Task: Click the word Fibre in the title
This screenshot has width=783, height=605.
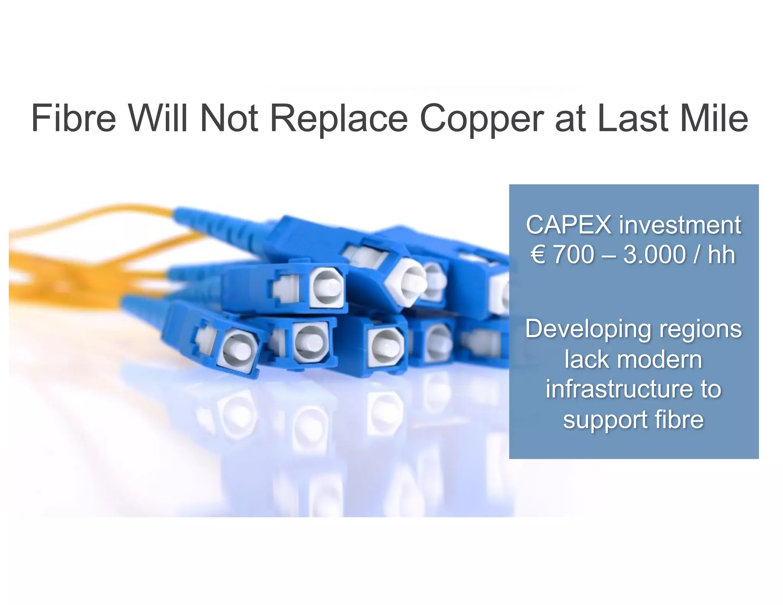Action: [73, 118]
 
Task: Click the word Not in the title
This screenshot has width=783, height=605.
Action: [229, 118]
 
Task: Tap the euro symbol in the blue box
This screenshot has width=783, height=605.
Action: [538, 255]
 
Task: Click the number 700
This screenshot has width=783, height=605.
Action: [573, 255]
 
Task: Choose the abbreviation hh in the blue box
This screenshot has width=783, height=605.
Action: [721, 255]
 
